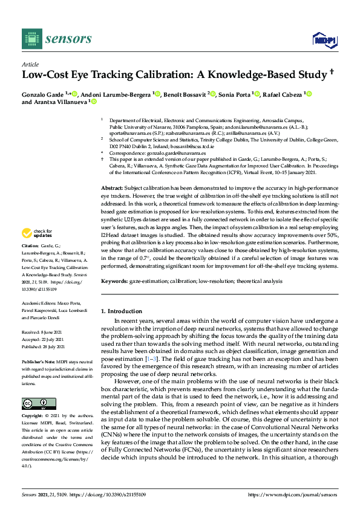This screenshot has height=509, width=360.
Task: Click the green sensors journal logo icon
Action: pos(30,39)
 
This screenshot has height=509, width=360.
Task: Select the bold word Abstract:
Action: pos(113,189)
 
